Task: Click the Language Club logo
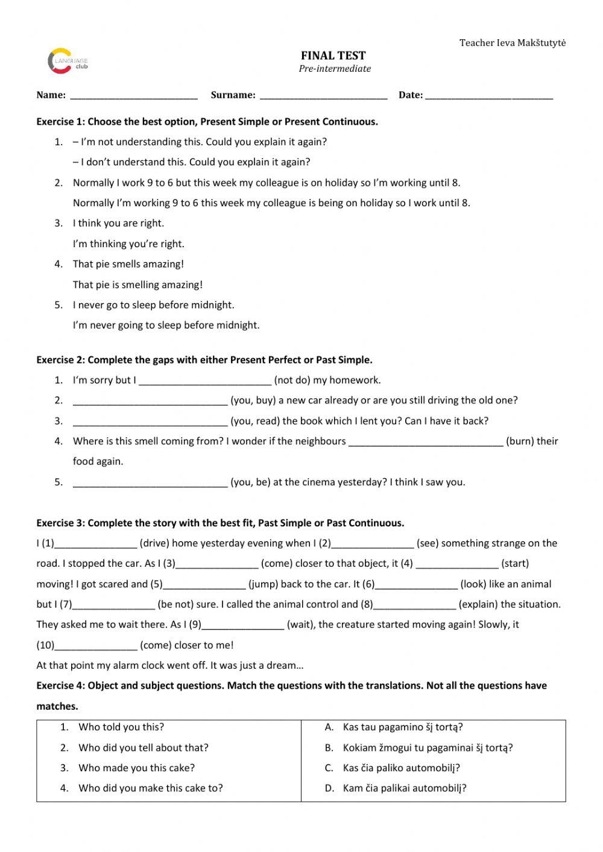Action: click(67, 62)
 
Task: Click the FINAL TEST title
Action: click(334, 55)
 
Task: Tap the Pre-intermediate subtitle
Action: click(335, 69)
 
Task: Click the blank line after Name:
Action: click(134, 95)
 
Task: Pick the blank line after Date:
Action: click(488, 95)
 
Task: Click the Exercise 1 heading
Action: click(207, 122)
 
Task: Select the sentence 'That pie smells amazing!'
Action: click(128, 264)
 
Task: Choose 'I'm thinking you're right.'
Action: click(128, 244)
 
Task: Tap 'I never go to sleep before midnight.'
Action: click(153, 305)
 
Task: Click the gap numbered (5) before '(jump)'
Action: click(204, 584)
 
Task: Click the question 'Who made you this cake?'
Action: click(136, 768)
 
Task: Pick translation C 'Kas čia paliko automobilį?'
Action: click(401, 768)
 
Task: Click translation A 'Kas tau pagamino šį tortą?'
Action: click(403, 727)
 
